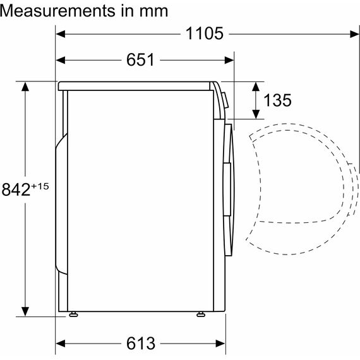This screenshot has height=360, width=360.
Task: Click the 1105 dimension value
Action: click(x=204, y=33)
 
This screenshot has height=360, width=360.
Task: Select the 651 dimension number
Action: click(x=140, y=60)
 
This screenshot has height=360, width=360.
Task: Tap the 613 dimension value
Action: click(x=140, y=344)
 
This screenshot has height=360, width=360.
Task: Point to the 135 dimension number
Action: click(x=277, y=100)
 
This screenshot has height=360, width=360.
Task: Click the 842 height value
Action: click(x=16, y=189)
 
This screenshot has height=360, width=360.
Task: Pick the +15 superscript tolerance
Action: click(x=40, y=186)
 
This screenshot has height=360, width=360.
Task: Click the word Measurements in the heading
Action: click(x=57, y=11)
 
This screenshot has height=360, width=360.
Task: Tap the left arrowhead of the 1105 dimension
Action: click(x=61, y=34)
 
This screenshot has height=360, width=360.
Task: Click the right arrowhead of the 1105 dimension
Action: click(x=354, y=34)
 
